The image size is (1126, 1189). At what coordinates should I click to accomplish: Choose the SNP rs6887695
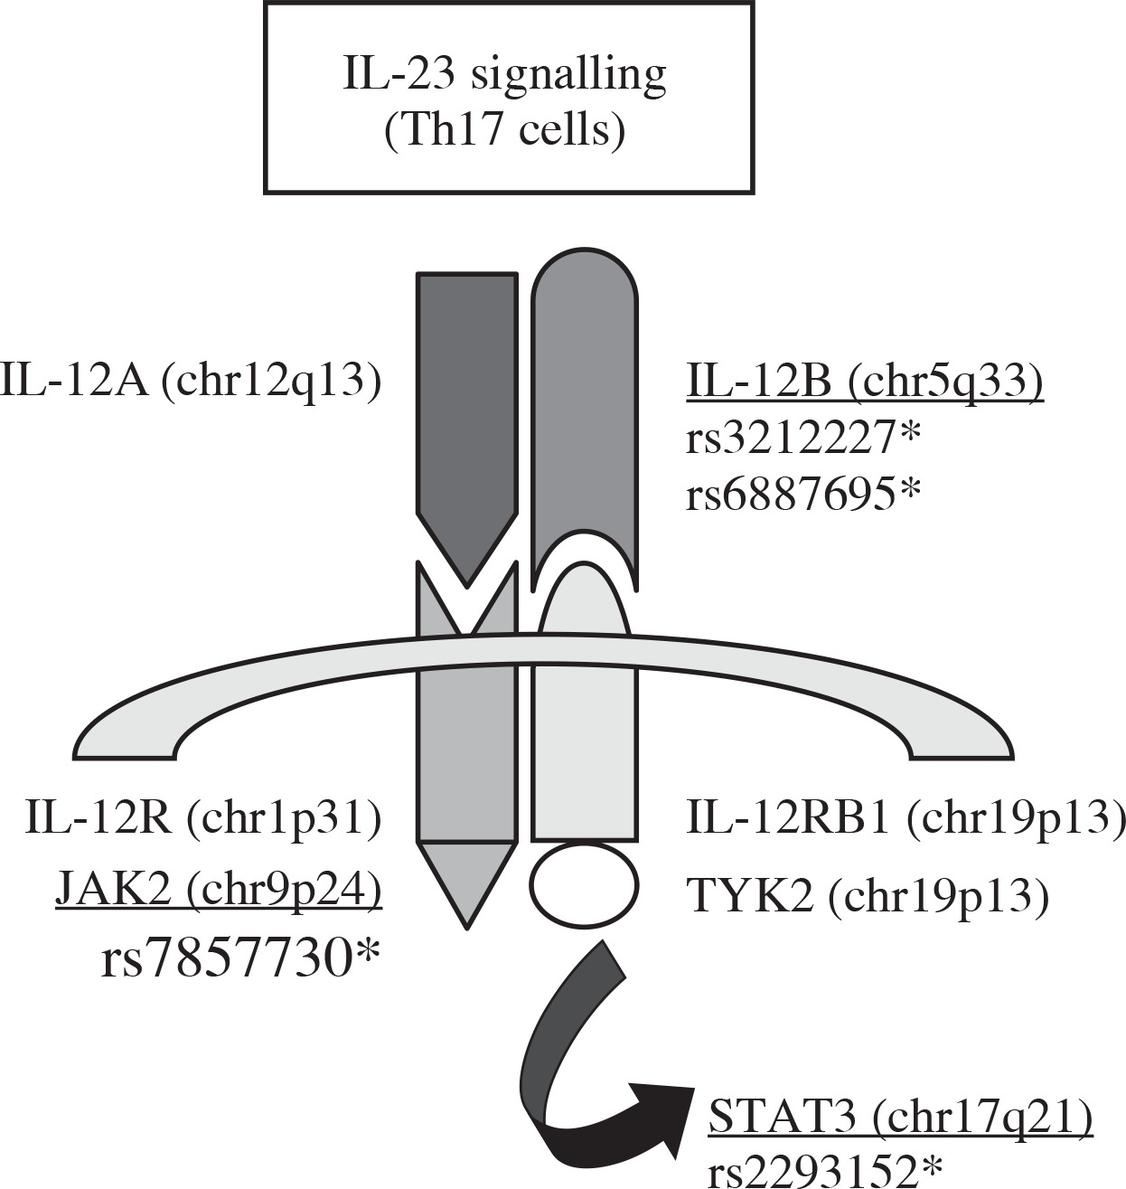[802, 495]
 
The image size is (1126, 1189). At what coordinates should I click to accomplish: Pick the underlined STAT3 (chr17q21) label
[901, 1118]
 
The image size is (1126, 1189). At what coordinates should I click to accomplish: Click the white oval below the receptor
[584, 883]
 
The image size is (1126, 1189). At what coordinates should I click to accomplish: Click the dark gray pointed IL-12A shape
[466, 407]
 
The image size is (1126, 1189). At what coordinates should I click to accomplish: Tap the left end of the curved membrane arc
[127, 737]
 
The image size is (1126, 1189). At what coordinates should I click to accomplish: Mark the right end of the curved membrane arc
[962, 737]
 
